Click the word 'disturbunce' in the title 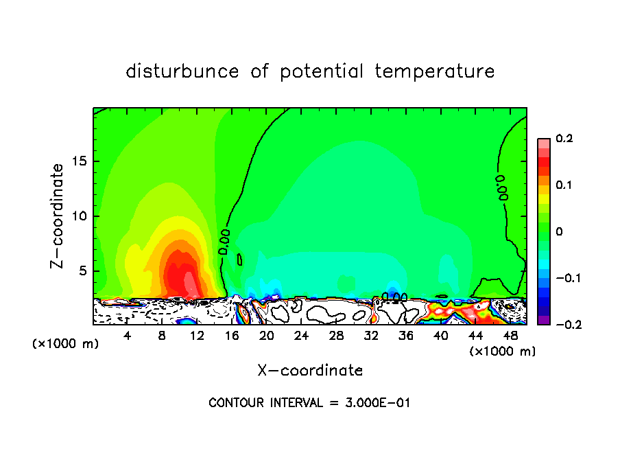pos(182,71)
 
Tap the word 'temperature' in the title pos(435,71)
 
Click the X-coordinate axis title pos(310,371)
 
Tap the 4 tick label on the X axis pos(128,336)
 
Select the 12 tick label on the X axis pos(197,336)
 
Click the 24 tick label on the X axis pos(302,336)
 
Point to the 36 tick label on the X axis pos(406,336)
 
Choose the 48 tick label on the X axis pos(510,336)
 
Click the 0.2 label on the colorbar pos(564,139)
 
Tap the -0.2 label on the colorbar pos(564,324)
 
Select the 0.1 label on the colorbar pos(564,185)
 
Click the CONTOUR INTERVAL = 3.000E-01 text pos(309,403)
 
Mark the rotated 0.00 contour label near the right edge pos(502,187)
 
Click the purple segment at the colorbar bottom pos(544,319)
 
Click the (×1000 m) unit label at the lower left pos(66,344)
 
